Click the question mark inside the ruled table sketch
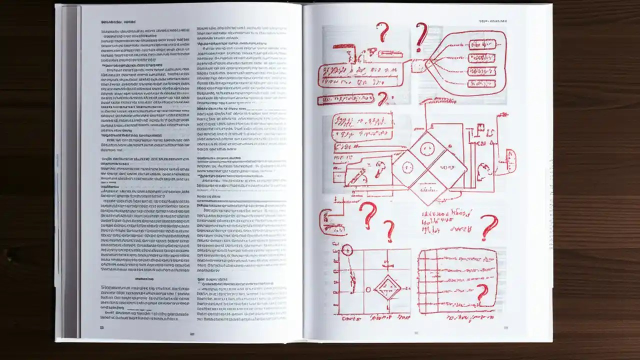[x=482, y=293]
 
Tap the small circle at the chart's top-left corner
[x=346, y=250]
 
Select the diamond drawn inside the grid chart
[x=387, y=287]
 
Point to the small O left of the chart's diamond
[x=368, y=289]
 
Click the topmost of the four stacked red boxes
[x=481, y=44]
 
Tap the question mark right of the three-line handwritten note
[x=489, y=227]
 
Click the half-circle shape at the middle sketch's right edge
[x=511, y=161]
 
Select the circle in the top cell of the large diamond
[x=426, y=148]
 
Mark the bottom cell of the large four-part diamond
[x=428, y=189]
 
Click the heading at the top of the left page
[x=118, y=22]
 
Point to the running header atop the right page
[x=493, y=21]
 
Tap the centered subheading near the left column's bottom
[x=144, y=279]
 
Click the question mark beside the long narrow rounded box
[x=383, y=98]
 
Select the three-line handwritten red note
[x=447, y=221]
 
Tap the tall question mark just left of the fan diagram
[x=421, y=36]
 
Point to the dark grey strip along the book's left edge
[x=70, y=170]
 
